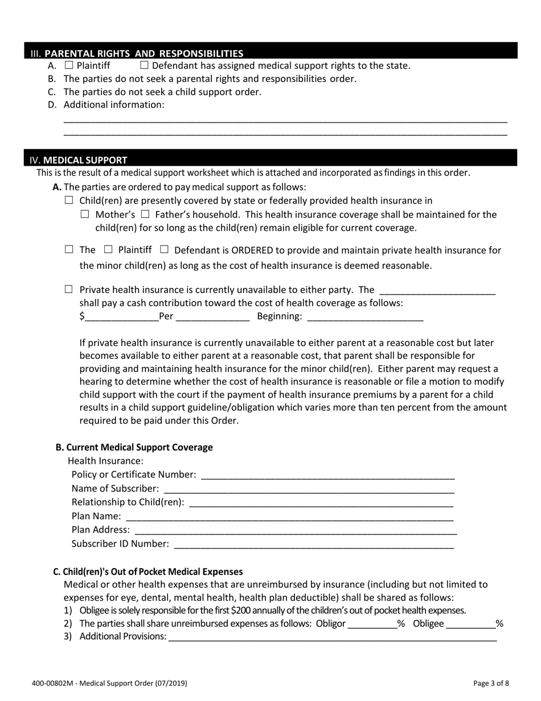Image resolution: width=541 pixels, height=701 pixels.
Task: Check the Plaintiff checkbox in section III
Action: coord(69,65)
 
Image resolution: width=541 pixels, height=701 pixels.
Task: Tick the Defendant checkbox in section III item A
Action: coord(144,65)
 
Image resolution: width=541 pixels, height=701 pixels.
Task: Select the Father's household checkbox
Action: coord(145,214)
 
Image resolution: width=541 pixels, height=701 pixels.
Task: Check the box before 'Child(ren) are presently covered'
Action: coord(69,200)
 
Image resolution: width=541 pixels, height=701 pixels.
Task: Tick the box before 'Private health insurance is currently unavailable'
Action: coord(69,290)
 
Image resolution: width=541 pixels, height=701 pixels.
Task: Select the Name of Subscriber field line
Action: coord(309,488)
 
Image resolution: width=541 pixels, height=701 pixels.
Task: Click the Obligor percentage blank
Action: coord(372,623)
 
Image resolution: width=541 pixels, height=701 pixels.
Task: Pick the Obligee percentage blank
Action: coord(470,623)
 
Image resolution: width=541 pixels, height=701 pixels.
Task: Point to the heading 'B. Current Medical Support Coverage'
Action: coord(134,447)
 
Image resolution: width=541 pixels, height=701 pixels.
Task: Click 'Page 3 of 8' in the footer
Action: coord(491,682)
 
